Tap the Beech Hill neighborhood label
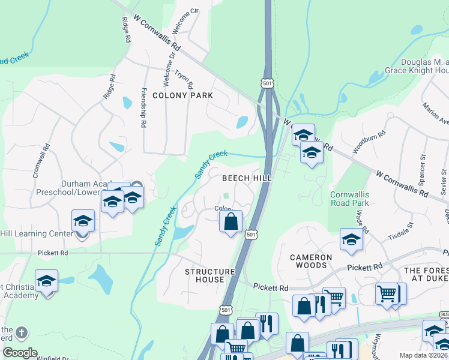pyautogui.click(x=247, y=178)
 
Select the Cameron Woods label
pyautogui.click(x=310, y=262)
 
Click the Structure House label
pyautogui.click(x=209, y=276)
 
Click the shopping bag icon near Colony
pyautogui.click(x=231, y=222)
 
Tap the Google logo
pyautogui.click(x=19, y=353)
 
